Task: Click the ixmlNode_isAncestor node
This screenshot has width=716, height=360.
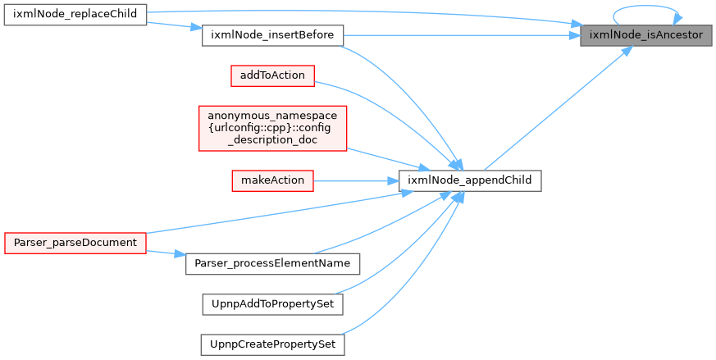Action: pos(645,35)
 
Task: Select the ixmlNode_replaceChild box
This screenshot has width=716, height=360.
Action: pos(75,15)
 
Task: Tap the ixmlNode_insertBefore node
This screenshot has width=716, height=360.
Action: pos(272,35)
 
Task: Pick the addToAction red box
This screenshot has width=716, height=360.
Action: pos(272,75)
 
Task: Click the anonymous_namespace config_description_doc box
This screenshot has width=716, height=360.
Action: pos(272,129)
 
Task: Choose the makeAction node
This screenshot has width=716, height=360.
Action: pos(272,181)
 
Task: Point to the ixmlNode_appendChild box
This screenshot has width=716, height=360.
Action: pos(470,181)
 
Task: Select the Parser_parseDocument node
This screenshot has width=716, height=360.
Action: pos(75,243)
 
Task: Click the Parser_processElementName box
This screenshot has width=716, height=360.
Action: pos(272,263)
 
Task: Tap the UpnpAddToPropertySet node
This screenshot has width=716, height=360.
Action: pos(272,304)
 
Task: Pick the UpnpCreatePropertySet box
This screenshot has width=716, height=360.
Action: pos(272,345)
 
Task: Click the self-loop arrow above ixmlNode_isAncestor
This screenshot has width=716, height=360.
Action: pos(645,7)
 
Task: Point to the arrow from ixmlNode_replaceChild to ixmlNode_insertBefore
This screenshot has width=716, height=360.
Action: pos(175,25)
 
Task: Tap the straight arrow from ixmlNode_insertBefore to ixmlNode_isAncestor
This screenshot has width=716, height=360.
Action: pos(462,35)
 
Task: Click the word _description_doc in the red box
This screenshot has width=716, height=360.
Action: pos(272,140)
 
